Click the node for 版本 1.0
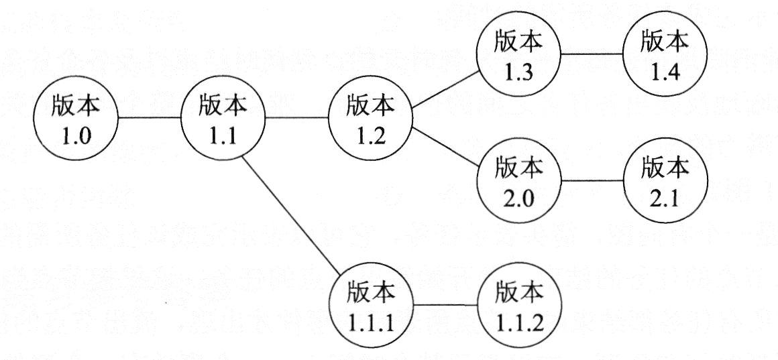click(76, 119)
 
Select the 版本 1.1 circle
click(224, 119)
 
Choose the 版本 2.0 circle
click(518, 181)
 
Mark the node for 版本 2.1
click(665, 181)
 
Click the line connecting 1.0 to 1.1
click(150, 119)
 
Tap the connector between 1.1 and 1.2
click(298, 119)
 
